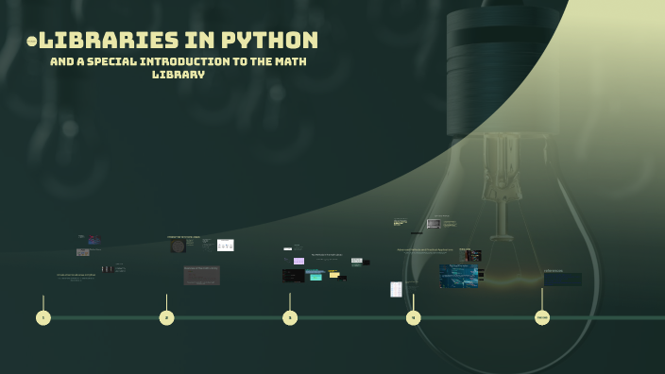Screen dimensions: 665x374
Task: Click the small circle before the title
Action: coord(32,42)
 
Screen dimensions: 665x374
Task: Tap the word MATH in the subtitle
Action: coord(288,61)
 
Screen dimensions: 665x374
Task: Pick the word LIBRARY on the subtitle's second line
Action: coord(179,74)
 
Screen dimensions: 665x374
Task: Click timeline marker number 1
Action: coord(43,317)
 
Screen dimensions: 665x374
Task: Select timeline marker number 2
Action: coord(167,317)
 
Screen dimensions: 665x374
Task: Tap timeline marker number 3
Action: coord(290,317)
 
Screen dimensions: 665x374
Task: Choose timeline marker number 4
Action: coord(414,317)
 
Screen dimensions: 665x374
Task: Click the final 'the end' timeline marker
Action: coord(542,317)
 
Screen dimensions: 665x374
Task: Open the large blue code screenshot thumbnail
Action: coord(458,276)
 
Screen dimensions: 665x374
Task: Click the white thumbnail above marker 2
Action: coord(225,246)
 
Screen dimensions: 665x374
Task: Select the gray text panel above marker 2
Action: coord(201,275)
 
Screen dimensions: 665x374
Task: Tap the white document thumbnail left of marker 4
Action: coord(397,289)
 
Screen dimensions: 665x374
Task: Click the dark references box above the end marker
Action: coord(563,279)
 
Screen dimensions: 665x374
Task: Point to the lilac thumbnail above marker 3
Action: coord(298,261)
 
